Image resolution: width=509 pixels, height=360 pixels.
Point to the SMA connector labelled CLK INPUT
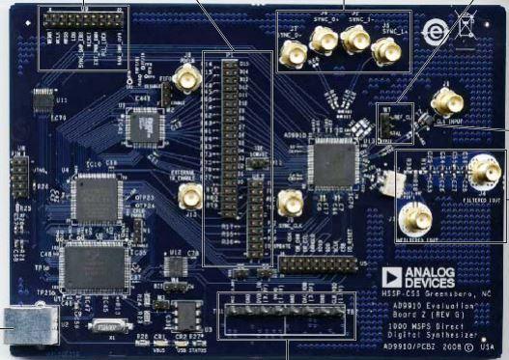(x=446, y=101)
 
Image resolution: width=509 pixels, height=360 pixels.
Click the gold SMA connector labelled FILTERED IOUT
(x=482, y=172)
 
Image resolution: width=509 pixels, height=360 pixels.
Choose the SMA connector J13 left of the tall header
(x=191, y=198)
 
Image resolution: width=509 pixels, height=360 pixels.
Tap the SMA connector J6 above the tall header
(x=187, y=80)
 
